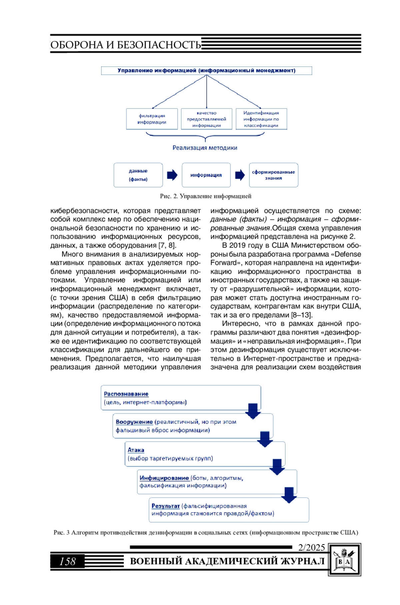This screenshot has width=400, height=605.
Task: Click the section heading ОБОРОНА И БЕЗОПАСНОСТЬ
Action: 126,45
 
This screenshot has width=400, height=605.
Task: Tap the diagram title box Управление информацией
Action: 206,71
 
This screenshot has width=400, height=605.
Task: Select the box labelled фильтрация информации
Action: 152,119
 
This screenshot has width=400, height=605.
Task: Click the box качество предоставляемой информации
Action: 206,119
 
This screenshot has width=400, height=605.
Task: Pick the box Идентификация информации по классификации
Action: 261,119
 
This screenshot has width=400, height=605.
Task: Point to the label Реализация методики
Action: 205,148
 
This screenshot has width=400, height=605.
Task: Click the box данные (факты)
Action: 138,175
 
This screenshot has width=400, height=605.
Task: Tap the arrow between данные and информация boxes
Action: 172,175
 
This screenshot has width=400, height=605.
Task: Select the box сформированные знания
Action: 273,175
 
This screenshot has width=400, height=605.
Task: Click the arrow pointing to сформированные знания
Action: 240,175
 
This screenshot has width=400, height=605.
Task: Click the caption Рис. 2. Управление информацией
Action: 205,196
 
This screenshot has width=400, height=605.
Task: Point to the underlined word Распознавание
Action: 126,394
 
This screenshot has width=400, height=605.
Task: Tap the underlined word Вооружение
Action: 134,422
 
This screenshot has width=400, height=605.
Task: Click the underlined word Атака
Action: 136,450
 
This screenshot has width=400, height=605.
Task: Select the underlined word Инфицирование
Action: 164,478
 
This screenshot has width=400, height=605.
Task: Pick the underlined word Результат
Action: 165,506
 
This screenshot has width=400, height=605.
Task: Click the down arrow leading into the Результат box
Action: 289,495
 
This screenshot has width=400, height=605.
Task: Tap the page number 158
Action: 67,561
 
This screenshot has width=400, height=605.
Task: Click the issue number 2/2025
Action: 311,547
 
